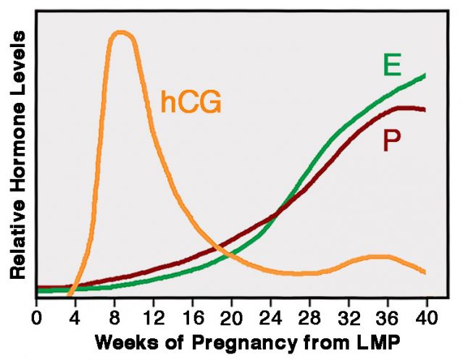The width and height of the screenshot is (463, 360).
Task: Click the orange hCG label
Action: (191, 102)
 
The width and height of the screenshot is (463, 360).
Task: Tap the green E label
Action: (392, 65)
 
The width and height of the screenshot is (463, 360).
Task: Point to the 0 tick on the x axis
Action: (37, 317)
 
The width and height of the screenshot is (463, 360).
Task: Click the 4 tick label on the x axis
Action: (75, 317)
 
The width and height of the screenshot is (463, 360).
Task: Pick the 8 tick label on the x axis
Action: (114, 317)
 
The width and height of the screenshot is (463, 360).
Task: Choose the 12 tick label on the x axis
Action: (153, 317)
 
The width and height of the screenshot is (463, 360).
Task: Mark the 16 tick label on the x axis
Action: (192, 317)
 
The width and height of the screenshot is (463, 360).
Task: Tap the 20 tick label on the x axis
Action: (231, 317)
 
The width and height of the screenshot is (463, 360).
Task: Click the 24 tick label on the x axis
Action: (270, 317)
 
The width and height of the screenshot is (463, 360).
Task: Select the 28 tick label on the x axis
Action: (309, 317)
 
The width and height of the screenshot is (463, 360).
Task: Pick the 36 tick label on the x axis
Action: (387, 317)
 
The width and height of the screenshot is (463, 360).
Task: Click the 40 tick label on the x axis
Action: (426, 317)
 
